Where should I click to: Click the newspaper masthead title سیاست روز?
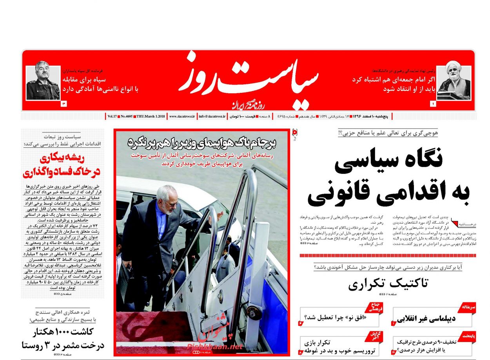pos(245,78)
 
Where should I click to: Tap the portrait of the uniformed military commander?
pos(43,83)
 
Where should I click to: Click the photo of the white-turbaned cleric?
pos(454,83)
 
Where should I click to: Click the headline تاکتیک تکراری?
pos(388,283)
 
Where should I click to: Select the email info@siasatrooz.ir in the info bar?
pos(212,116)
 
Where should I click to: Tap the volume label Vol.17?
pos(112,116)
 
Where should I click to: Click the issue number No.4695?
pos(127,116)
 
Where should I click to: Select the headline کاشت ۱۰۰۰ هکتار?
pos(63,338)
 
